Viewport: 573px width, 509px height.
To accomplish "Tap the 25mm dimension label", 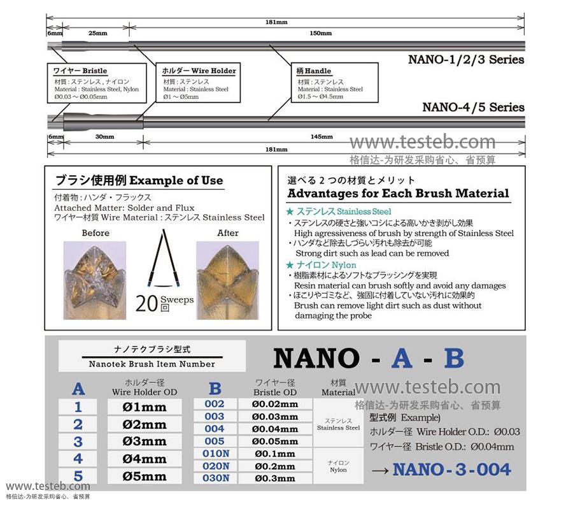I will [x=95, y=32].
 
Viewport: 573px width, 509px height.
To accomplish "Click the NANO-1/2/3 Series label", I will [x=465, y=60].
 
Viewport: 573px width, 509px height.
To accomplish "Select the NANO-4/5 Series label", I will [x=473, y=107].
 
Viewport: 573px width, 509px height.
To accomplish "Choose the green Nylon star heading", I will [x=321, y=265].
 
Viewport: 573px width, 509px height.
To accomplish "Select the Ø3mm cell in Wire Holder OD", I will [x=145, y=441].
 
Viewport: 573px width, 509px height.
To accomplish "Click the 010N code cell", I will [x=215, y=454].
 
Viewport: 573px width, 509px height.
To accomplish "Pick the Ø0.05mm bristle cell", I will [x=276, y=441].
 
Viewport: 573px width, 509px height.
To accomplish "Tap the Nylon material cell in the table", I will [x=338, y=466].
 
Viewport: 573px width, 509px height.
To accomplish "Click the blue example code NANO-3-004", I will [x=451, y=470].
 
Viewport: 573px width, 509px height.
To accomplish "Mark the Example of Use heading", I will [x=139, y=180].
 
